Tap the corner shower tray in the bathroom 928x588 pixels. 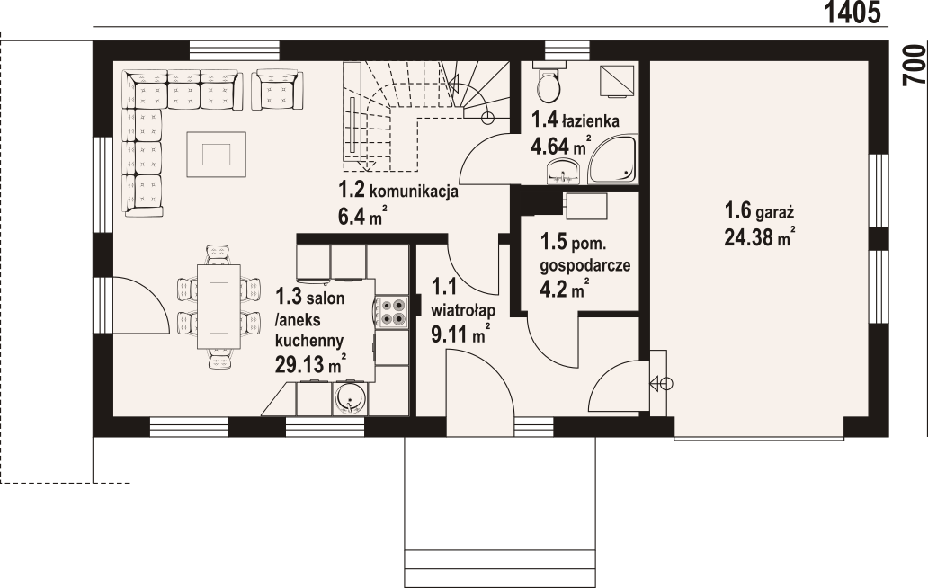(613, 158)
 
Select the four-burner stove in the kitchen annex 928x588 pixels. (392, 312)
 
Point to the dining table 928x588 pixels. (219, 307)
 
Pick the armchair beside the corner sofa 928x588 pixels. (277, 89)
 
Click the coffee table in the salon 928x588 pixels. (216, 155)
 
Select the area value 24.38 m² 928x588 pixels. (759, 237)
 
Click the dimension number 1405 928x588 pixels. (852, 13)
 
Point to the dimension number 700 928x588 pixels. (915, 65)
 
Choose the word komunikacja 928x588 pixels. (414, 192)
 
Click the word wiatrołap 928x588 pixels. (463, 310)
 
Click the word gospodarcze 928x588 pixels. (584, 265)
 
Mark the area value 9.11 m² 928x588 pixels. (460, 334)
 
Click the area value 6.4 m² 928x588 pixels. (362, 216)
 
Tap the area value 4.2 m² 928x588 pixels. (564, 290)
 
